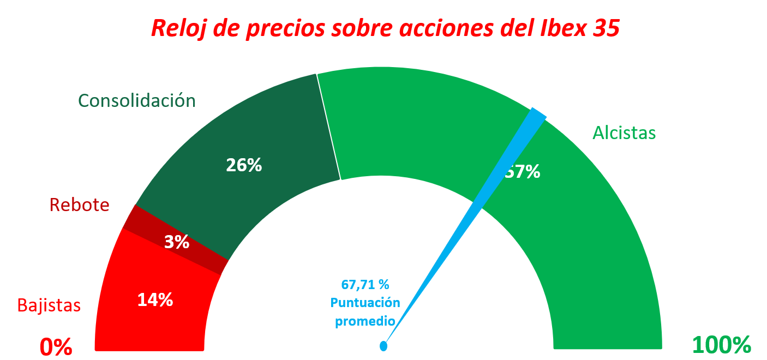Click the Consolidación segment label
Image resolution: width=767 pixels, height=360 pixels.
(x=136, y=100)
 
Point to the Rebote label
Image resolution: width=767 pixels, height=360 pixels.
(x=79, y=205)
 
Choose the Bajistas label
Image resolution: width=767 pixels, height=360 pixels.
(x=49, y=305)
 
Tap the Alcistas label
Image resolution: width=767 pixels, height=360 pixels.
(x=624, y=133)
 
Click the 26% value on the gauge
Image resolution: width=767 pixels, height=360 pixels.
(x=244, y=165)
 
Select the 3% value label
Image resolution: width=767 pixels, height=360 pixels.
(x=177, y=242)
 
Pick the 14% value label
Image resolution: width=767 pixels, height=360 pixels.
(x=155, y=299)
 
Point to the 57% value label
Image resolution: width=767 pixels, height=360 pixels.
(x=523, y=172)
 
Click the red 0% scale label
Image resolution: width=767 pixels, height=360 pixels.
(x=56, y=346)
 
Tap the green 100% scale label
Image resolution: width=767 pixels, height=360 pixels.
(x=721, y=345)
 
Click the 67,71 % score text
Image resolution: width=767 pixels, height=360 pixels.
(x=365, y=284)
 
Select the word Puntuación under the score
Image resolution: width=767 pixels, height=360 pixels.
(x=365, y=303)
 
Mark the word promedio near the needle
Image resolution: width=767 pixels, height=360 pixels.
(x=365, y=321)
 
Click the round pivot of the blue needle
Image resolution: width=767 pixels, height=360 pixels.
(x=383, y=346)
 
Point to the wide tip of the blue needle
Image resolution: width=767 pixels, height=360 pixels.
(x=537, y=115)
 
